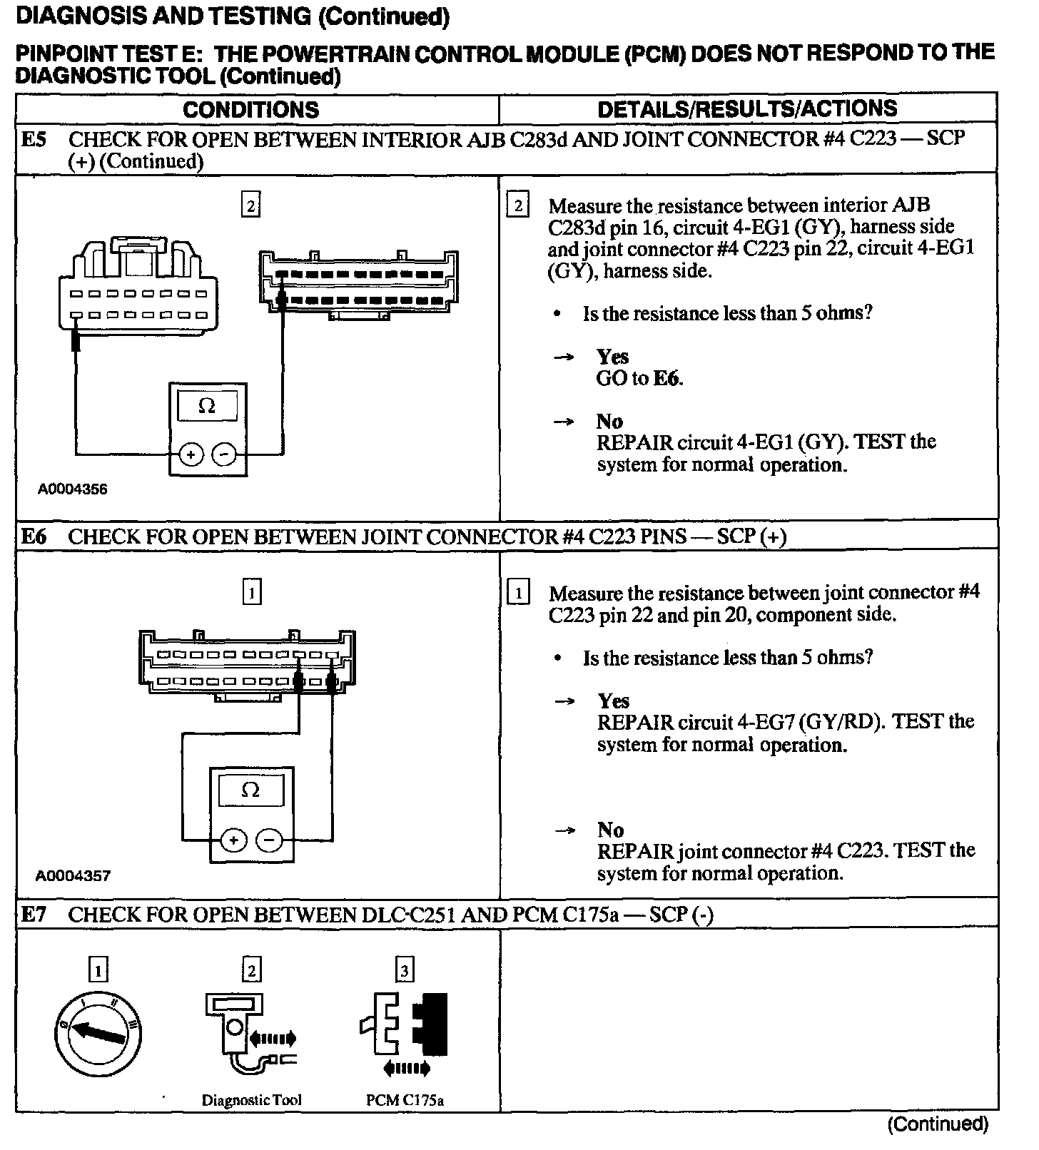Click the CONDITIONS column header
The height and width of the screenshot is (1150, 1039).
point(250,110)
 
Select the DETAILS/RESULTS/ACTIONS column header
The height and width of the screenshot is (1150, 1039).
point(747,108)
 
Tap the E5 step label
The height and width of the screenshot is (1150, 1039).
point(34,139)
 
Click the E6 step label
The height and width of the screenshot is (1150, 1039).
point(34,536)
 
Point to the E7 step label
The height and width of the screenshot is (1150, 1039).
point(34,915)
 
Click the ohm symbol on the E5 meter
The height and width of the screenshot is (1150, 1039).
point(207,406)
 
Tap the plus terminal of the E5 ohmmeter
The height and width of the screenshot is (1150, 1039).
point(191,454)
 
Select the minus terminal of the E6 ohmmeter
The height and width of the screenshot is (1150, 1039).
point(269,840)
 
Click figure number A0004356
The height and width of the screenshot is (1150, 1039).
point(73,489)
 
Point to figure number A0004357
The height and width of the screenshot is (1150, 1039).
point(74,875)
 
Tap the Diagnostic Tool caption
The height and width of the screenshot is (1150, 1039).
point(251,1100)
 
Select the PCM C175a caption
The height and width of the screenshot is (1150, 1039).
point(405,1100)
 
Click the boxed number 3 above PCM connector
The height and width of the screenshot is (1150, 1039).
point(405,970)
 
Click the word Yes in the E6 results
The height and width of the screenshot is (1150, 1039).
point(614,701)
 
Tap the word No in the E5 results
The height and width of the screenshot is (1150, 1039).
point(609,422)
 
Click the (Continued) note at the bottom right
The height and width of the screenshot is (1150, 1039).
point(937,1124)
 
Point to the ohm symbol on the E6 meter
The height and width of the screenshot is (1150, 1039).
point(250,790)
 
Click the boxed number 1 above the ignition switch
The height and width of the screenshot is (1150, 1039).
point(98,970)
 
